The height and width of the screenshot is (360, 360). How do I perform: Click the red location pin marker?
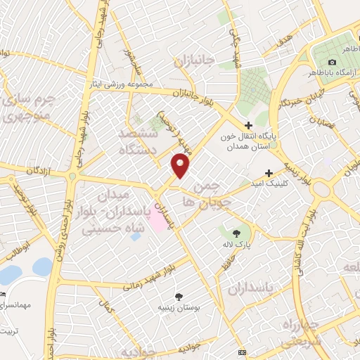click(x=180, y=166)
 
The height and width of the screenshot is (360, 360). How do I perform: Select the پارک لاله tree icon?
click(x=236, y=232)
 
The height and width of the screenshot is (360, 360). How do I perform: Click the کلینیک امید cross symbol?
click(x=269, y=173)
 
